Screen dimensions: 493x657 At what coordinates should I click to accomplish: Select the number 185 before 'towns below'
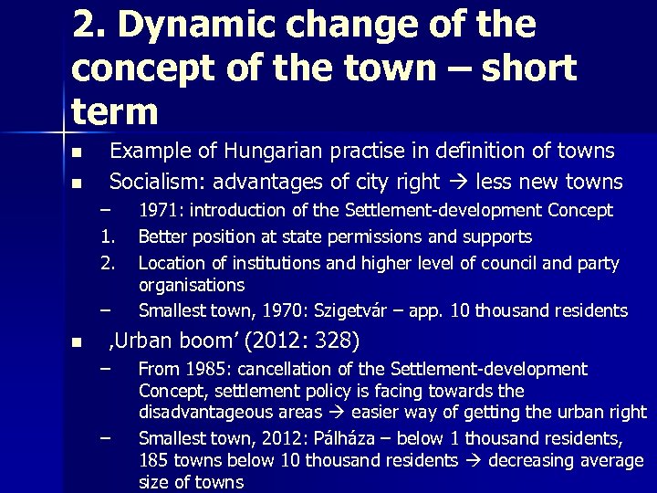154,461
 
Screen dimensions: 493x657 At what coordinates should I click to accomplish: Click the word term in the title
113,111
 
